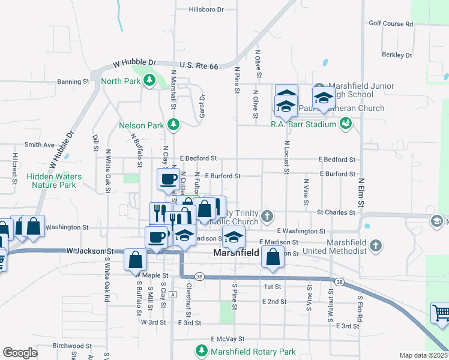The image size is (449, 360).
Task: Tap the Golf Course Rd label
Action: (x=391, y=24)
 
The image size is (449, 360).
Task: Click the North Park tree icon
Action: (x=149, y=81)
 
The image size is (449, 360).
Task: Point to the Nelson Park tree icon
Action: (x=173, y=124)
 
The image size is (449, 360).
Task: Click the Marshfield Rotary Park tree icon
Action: (x=201, y=350)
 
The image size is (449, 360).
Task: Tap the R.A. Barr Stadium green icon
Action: (x=345, y=124)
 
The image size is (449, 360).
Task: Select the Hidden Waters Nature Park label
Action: (x=54, y=181)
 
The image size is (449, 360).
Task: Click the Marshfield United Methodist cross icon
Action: (x=376, y=245)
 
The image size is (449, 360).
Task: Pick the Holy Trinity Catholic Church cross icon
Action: (x=271, y=215)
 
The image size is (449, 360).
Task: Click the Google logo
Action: (x=20, y=352)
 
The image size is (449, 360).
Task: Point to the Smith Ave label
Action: (x=40, y=145)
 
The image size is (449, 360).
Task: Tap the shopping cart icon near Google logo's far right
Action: (x=441, y=313)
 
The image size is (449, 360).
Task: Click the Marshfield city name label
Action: (x=236, y=254)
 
